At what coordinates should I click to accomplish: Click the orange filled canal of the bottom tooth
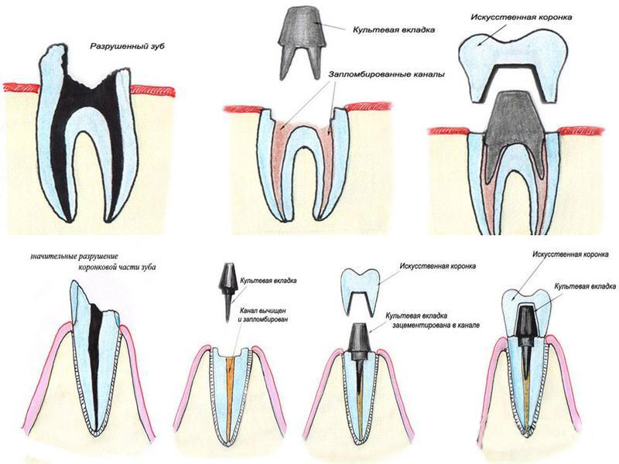pyautogui.click(x=231, y=387)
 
